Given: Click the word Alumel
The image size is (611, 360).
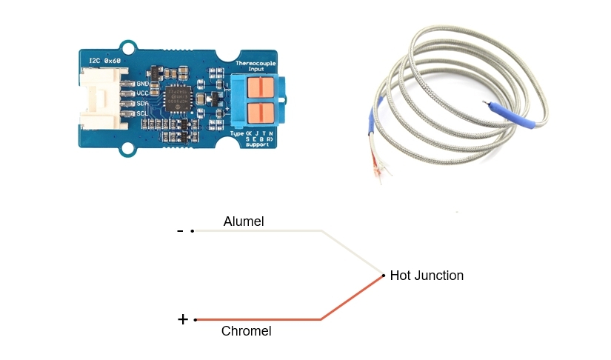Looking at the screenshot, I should (x=244, y=221).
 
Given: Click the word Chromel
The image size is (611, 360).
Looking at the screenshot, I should (x=247, y=331).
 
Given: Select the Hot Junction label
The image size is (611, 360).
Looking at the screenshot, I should (x=427, y=276).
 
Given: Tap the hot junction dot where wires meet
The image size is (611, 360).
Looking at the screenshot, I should (x=383, y=276).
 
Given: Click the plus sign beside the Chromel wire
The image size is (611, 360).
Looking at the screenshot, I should (x=183, y=320).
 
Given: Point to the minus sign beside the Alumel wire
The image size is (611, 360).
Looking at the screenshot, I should (x=180, y=231).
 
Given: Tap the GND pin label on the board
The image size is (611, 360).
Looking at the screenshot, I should (x=144, y=84).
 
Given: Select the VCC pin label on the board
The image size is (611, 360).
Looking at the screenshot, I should (x=144, y=93).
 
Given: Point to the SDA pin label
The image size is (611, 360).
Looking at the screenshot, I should (x=144, y=104).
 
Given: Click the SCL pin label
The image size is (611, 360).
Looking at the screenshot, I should (x=144, y=113).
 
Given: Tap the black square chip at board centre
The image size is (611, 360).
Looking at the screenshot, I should (x=178, y=98).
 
